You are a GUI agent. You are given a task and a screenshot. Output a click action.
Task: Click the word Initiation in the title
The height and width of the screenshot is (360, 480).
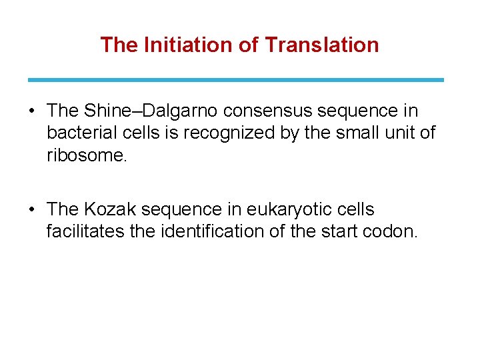175,45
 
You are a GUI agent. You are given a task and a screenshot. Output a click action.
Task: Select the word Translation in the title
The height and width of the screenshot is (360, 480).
322,45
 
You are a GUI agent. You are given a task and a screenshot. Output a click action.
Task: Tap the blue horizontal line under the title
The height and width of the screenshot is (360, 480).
235,79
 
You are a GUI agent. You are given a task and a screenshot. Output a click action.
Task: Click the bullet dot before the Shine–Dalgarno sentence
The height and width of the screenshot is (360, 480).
33,111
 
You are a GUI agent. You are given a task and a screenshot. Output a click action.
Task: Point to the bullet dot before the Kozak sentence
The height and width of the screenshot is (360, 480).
33,210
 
